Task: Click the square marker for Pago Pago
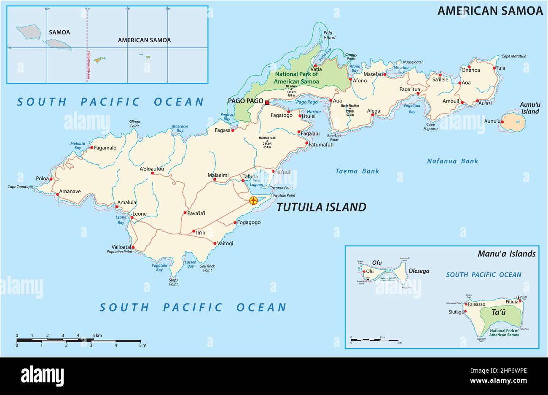267,102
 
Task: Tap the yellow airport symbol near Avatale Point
253,200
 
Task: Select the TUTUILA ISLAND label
321,207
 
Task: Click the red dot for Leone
132,218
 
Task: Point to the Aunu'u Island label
529,108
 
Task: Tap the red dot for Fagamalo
91,148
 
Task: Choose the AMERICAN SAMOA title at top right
490,11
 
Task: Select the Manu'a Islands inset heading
506,254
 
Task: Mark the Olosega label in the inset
419,271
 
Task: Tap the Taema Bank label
357,171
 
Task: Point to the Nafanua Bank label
452,161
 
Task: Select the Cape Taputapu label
20,187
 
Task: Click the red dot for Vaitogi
215,243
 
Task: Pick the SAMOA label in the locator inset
59,32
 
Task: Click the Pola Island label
329,35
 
